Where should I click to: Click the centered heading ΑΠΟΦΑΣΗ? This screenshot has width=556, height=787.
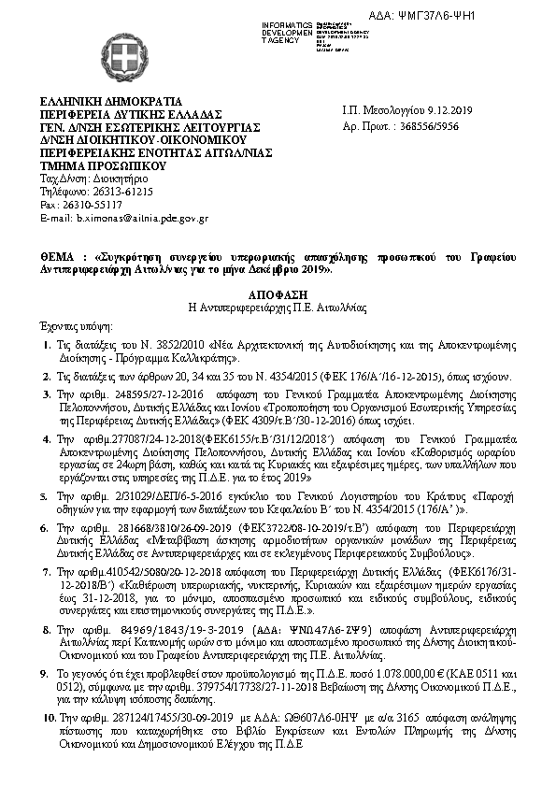278,293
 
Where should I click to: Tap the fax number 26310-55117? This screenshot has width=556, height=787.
99,204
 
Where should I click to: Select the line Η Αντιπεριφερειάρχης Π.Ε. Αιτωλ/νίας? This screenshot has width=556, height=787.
278,306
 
